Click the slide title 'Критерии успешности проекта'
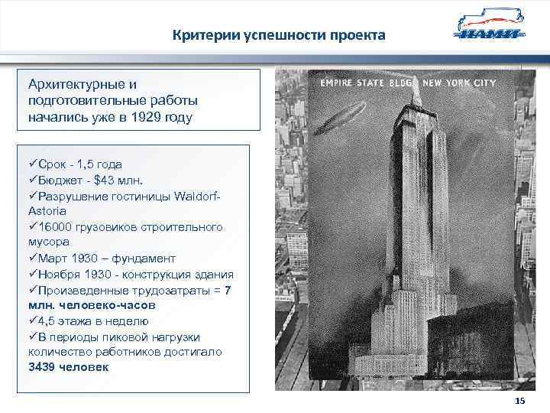pos(278,36)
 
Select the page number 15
pos(520,402)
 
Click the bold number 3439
pos(44,367)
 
